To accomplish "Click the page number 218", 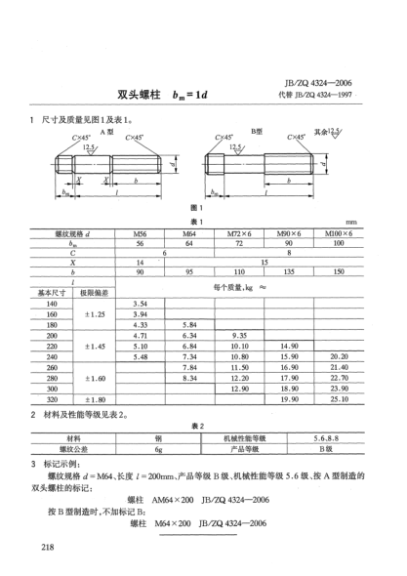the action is pos(48,546).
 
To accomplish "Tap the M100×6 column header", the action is pos(339,235).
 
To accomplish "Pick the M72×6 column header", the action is pos(239,235).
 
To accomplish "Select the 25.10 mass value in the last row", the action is pos(339,398).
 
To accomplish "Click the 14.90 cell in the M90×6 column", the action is pos(289,346).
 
